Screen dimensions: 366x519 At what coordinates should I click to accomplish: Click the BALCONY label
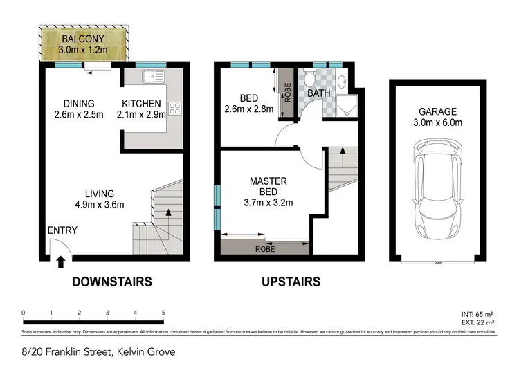[82, 39]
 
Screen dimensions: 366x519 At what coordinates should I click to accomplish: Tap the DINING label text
[80, 104]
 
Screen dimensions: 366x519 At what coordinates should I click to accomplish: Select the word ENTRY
[62, 230]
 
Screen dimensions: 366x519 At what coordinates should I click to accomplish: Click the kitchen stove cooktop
[175, 108]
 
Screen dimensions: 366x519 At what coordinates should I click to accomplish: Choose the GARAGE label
[437, 112]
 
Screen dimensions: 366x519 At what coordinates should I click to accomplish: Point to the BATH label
[319, 93]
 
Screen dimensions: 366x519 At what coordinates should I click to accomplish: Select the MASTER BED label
[268, 186]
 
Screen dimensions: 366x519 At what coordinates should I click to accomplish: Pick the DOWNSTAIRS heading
[111, 282]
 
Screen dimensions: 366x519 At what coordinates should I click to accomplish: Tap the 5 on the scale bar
[163, 313]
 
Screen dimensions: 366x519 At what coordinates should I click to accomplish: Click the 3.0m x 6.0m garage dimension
[437, 124]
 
